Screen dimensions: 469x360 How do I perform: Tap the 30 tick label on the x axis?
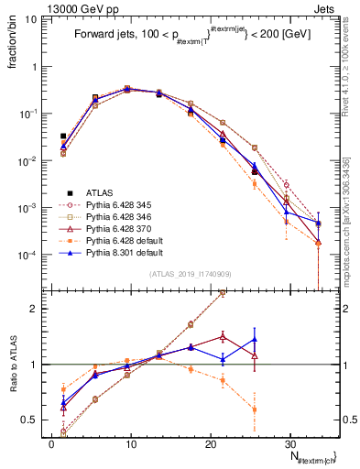pyautogui.click(x=289, y=442)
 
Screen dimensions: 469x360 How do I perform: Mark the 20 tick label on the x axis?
pyautogui.click(x=210, y=442)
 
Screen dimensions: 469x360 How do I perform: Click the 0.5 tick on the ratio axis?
pyautogui.click(x=32, y=420)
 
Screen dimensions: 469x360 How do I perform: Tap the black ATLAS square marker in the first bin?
pyautogui.click(x=63, y=136)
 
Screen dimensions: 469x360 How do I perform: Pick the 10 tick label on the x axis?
pyautogui.click(x=130, y=442)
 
